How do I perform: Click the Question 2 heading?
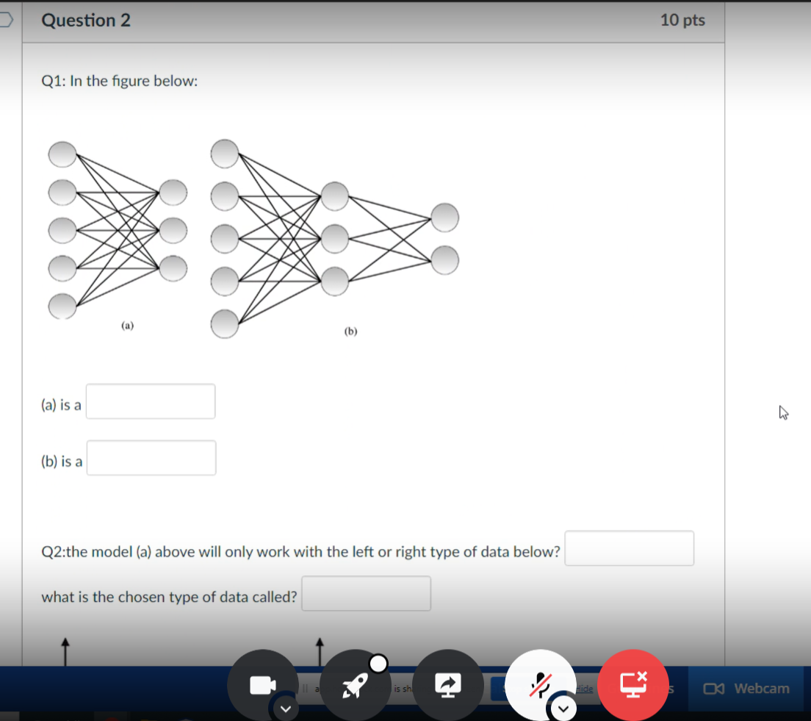[86, 21]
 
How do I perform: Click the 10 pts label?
[682, 21]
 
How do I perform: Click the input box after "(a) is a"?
[151, 401]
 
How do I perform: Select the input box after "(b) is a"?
[151, 458]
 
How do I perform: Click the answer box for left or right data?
[629, 548]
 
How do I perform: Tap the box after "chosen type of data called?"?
[366, 594]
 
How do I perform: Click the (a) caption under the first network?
[128, 324]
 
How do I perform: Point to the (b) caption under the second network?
[350, 331]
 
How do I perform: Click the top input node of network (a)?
[62, 154]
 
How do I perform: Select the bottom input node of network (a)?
[62, 306]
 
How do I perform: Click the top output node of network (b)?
[445, 217]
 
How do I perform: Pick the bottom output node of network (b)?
[445, 259]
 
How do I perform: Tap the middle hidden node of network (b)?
[334, 237]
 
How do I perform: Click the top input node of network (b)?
[225, 154]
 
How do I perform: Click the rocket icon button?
[356, 685]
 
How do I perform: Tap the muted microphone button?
[541, 685]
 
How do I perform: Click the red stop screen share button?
[633, 685]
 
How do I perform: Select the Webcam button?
[746, 689]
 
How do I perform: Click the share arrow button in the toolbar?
[448, 685]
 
